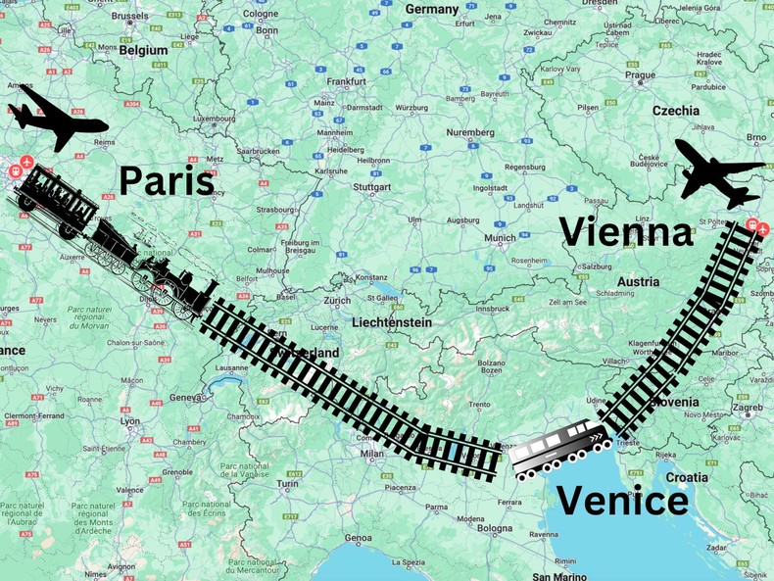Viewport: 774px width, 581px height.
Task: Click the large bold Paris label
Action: [x=166, y=180]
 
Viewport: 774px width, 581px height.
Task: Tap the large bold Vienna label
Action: [x=626, y=232]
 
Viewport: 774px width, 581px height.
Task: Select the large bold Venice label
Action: [x=623, y=501]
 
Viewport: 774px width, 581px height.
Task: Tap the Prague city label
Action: [x=641, y=75]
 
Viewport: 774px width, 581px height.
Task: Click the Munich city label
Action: [x=500, y=237]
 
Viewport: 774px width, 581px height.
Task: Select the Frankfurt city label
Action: [x=346, y=81]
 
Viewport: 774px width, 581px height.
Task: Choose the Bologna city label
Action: [x=495, y=528]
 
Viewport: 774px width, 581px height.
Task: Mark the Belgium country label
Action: [x=145, y=49]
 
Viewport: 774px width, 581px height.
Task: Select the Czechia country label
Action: [x=676, y=111]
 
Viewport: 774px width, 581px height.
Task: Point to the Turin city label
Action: [x=287, y=483]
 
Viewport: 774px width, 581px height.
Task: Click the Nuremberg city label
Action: [x=470, y=132]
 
